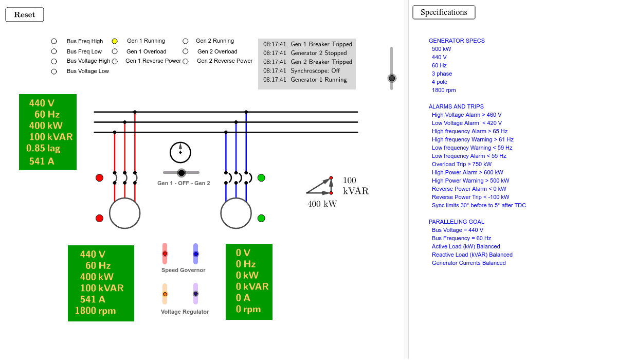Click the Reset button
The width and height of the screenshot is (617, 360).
click(25, 15)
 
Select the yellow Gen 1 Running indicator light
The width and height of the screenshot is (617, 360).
click(115, 41)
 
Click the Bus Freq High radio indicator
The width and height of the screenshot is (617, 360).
click(54, 41)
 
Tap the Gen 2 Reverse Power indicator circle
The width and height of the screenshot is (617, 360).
click(186, 61)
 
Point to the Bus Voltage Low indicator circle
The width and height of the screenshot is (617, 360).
click(54, 71)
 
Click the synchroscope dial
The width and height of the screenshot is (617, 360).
click(180, 152)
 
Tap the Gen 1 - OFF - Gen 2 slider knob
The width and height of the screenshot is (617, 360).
click(182, 173)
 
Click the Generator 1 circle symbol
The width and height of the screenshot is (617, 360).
click(125, 213)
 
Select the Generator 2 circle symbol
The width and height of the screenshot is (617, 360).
click(236, 213)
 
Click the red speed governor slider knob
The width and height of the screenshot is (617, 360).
click(165, 254)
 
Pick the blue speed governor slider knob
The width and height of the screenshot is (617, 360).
click(196, 254)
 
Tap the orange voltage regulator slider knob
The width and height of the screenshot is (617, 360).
click(165, 294)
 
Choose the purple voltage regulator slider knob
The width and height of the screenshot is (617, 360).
click(196, 294)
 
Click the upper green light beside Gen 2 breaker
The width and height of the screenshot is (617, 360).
click(261, 178)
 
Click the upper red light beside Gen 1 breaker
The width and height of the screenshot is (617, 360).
click(99, 178)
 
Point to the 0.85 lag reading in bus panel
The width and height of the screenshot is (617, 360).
click(44, 149)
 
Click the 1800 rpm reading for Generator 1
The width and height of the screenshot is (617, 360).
click(95, 311)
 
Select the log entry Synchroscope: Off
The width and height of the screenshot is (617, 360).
click(307, 70)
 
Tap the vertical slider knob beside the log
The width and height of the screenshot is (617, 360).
click(392, 78)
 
